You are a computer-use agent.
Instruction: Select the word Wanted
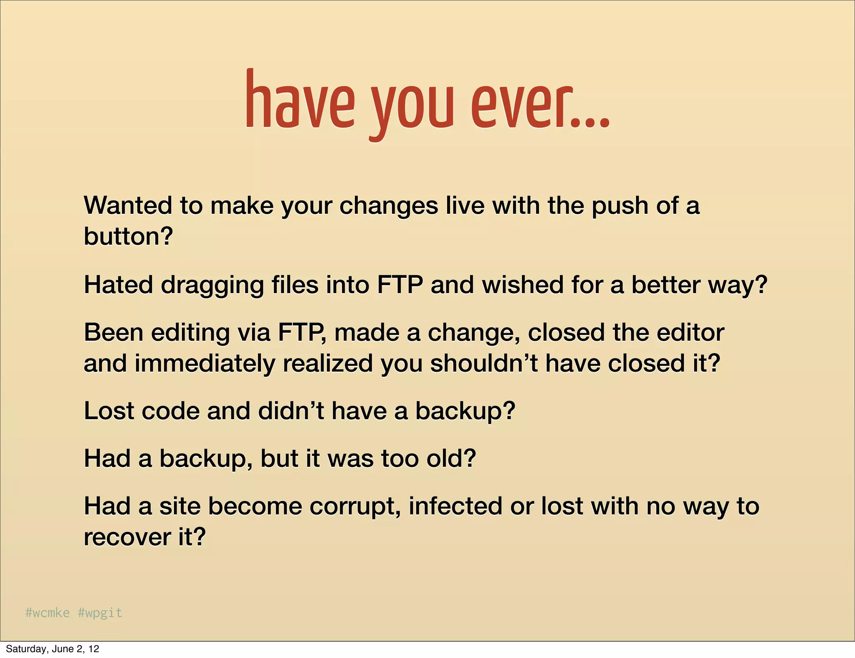(x=128, y=205)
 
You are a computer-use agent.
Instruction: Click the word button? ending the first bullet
(x=128, y=236)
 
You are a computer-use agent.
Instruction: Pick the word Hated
(x=119, y=285)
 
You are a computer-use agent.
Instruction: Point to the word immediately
(x=205, y=364)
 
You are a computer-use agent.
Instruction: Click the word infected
(x=455, y=506)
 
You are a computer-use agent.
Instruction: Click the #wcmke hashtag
(x=47, y=612)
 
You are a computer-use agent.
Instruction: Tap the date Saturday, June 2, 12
(x=53, y=649)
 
